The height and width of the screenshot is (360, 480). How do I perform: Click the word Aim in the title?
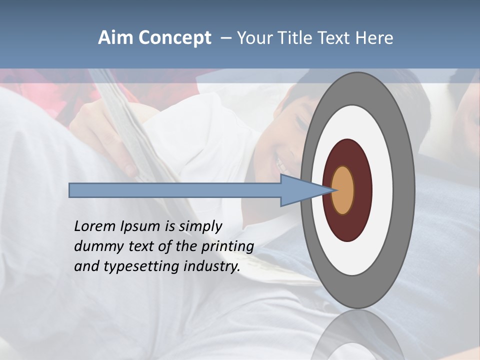116,38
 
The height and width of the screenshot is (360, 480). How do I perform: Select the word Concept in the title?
174,38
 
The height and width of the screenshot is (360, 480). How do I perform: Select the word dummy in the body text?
97,246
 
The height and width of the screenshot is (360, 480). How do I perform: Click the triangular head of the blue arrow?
300,190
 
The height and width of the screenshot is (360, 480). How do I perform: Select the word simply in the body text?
200,227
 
